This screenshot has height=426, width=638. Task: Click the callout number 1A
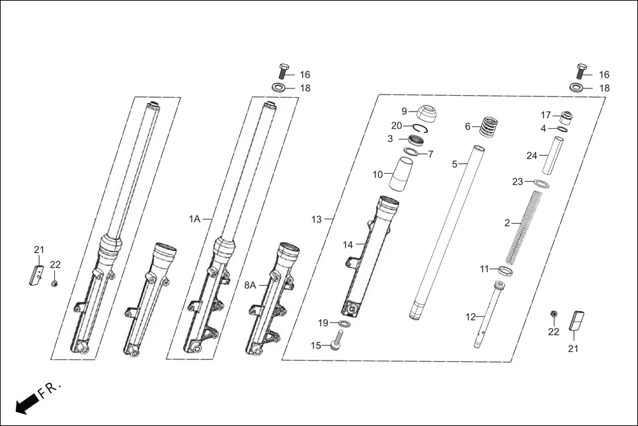pyautogui.click(x=194, y=219)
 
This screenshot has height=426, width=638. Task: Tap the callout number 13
pyautogui.click(x=317, y=219)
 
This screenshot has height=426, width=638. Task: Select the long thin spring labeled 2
pyautogui.click(x=530, y=225)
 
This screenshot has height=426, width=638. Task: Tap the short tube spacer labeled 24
pyautogui.click(x=553, y=156)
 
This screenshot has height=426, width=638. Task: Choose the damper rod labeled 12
pyautogui.click(x=489, y=314)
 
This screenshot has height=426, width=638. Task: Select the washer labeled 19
pyautogui.click(x=344, y=323)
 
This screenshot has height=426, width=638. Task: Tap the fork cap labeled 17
pyautogui.click(x=565, y=118)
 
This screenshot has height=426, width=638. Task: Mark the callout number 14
pyautogui.click(x=348, y=245)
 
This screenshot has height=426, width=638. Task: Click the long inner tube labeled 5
pyautogui.click(x=445, y=231)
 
